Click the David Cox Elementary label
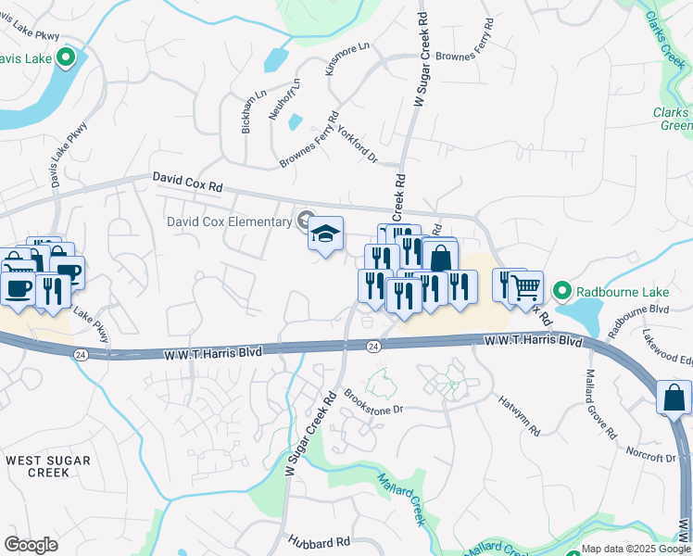[229, 221]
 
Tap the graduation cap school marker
[325, 234]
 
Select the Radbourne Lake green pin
[561, 291]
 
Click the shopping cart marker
[526, 288]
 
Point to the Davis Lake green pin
[65, 59]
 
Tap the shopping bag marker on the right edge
[674, 398]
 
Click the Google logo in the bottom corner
[31, 545]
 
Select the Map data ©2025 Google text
[636, 549]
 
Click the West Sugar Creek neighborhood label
[48, 466]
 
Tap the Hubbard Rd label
[319, 541]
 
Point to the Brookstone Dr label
[374, 401]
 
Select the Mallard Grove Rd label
[599, 404]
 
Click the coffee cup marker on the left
[19, 287]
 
